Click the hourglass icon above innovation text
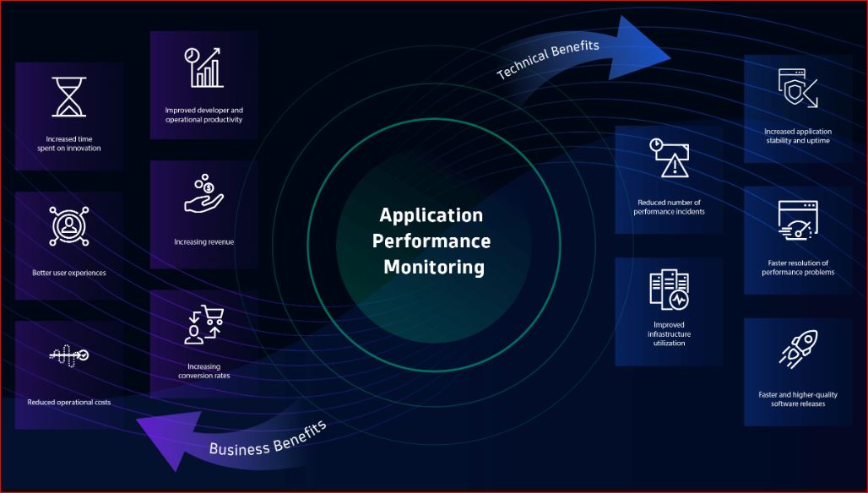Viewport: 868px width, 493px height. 69,96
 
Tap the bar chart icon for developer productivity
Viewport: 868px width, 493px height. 203,68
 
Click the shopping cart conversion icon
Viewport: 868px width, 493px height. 203,326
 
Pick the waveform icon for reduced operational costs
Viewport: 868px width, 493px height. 69,355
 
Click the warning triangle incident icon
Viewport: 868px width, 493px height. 669,158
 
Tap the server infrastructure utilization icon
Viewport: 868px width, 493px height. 669,290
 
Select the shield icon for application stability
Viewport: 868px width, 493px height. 797,88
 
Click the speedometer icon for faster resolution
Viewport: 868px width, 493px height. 797,222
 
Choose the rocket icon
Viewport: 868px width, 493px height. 797,349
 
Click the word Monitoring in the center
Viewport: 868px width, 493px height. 434,268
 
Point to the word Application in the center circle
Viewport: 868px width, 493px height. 431,214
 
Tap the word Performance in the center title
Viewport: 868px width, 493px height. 431,241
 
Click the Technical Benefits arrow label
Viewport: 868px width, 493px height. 549,59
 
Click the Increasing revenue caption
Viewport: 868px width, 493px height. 203,242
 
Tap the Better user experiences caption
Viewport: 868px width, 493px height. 69,273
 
